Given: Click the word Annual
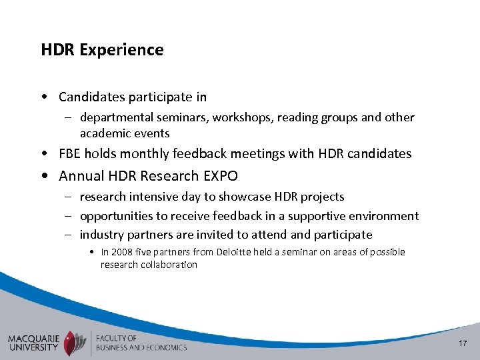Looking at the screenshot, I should click(x=81, y=176).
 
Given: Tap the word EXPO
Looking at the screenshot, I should click(x=220, y=176).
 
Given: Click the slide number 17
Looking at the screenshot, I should click(x=463, y=343).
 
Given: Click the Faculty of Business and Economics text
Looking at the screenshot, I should click(x=141, y=342).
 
